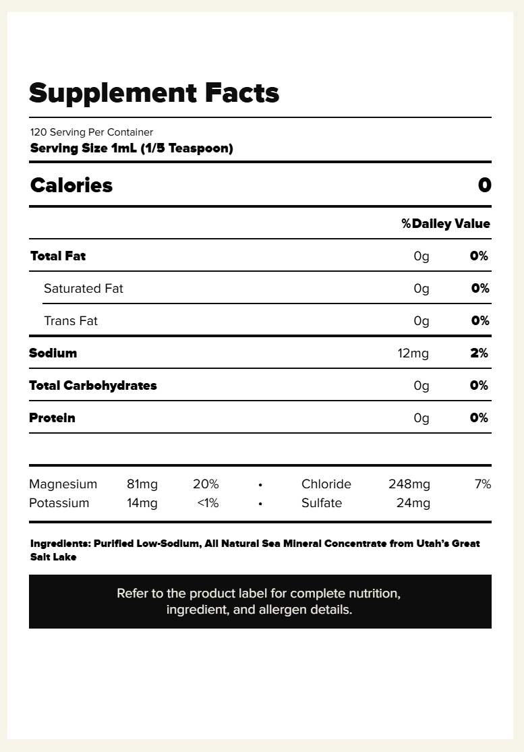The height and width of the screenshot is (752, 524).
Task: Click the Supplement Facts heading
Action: coord(154,93)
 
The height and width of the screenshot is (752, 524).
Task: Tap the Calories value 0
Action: coord(484,185)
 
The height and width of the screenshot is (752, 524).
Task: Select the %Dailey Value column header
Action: coord(446,224)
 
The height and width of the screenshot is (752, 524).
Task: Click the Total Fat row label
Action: coord(58,256)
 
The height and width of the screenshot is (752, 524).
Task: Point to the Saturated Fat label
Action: coord(84,289)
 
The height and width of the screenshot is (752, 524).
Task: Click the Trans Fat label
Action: coord(71,321)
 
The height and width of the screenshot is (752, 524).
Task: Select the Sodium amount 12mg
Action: coord(413,353)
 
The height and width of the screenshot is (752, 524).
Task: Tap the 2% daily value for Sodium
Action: coord(479,353)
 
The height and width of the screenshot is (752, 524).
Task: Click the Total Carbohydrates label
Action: coord(93,386)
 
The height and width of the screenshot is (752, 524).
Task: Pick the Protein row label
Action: coord(52,418)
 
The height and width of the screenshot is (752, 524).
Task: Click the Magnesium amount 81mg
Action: coord(142,484)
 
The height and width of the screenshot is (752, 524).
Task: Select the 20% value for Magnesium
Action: coord(206,484)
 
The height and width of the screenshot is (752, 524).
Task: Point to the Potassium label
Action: coord(59,503)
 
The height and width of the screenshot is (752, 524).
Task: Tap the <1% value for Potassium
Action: coord(208,503)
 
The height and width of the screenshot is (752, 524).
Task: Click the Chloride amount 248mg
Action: coord(409,484)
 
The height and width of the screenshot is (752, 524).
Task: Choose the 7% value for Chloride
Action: coord(483,484)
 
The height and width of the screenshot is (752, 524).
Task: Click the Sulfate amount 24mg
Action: coord(413,503)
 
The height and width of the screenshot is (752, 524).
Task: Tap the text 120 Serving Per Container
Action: coord(92,132)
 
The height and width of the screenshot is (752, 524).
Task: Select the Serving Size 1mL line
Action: coord(132,148)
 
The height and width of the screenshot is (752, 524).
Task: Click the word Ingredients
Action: coord(59,544)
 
